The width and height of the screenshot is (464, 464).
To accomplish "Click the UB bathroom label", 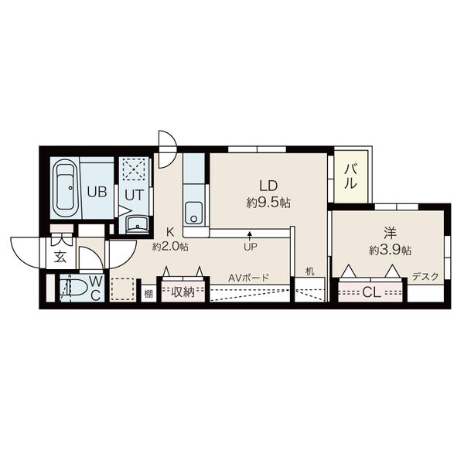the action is (x=97, y=193).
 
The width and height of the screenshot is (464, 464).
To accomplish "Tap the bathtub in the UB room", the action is (x=65, y=188).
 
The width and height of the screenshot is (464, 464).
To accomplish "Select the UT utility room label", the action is (x=134, y=195).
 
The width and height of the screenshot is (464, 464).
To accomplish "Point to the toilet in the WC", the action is (x=73, y=288).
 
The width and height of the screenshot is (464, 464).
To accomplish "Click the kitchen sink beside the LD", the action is (x=193, y=213).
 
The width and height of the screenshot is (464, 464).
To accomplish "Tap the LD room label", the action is (x=268, y=186).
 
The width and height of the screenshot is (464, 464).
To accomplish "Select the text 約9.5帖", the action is (x=268, y=203).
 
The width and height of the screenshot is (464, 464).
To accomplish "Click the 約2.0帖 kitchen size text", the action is (x=170, y=246).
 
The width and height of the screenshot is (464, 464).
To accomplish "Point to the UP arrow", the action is (x=250, y=236).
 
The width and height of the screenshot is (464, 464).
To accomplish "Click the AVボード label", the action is (x=248, y=278).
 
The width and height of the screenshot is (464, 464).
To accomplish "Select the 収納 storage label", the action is (x=183, y=292).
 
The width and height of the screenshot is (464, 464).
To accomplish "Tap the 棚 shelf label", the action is (x=148, y=294).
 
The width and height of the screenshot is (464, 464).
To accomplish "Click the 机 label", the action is (x=309, y=271).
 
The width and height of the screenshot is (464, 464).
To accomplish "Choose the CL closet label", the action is (x=371, y=292).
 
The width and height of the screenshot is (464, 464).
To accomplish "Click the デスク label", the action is (x=425, y=277).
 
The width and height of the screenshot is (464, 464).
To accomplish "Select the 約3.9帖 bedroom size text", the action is (x=390, y=251).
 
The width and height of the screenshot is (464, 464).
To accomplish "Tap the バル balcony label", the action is (x=351, y=176).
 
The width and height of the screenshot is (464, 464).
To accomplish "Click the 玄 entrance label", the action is (x=60, y=258).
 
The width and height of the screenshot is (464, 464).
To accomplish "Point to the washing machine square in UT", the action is (x=134, y=169).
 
